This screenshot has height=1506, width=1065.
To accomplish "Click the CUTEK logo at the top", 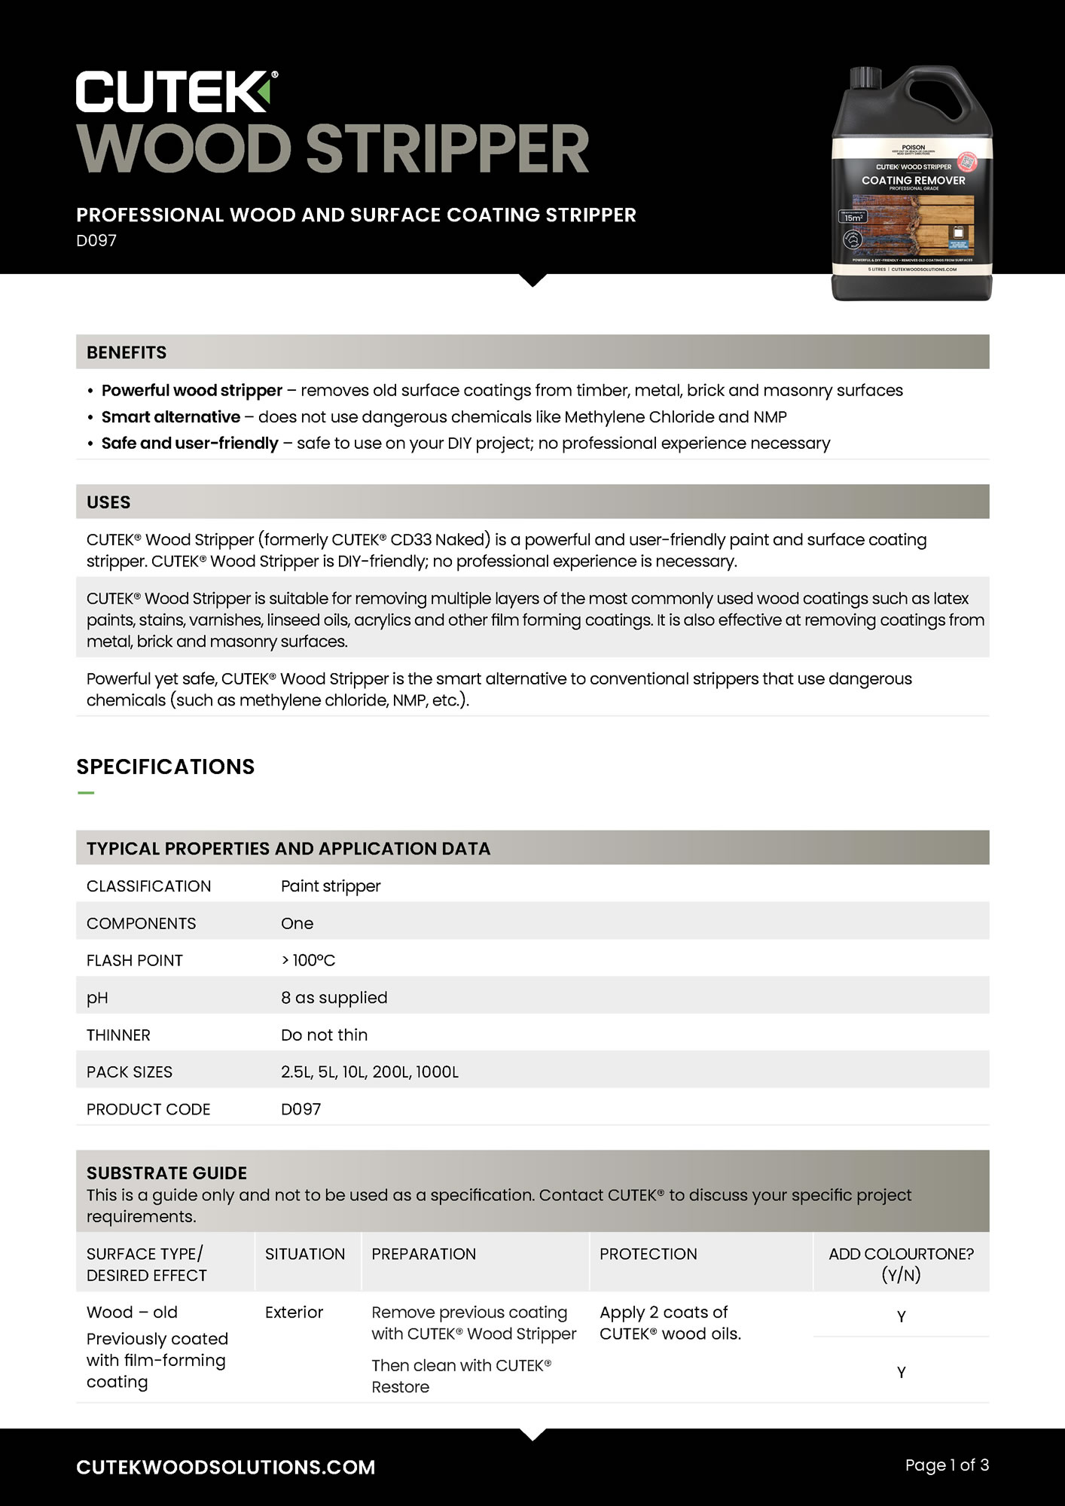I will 176,92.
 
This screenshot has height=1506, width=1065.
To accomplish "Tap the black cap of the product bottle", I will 865,77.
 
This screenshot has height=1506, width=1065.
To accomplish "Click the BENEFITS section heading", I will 127,352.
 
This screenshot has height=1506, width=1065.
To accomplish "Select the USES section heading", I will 108,502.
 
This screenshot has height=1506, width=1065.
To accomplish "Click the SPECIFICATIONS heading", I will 166,767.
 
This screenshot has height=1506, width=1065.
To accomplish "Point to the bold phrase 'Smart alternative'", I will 171,417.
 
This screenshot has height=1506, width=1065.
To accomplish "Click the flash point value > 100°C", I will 308,960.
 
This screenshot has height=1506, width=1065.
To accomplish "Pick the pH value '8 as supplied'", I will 334,998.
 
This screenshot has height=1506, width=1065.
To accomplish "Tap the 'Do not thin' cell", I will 324,1035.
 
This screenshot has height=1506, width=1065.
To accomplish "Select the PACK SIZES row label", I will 130,1072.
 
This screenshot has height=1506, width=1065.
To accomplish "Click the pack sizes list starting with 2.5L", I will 369,1072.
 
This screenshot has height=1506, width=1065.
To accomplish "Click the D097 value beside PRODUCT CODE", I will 301,1109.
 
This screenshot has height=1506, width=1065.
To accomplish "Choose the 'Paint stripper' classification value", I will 331,886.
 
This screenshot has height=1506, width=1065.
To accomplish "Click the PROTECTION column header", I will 648,1254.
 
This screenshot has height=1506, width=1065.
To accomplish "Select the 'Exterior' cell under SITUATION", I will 294,1312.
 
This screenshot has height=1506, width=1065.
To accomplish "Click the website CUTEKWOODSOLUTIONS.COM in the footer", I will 226,1467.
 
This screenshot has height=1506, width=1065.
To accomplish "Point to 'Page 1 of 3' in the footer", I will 947,1465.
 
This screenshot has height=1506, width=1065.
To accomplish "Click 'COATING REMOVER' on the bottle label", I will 913,181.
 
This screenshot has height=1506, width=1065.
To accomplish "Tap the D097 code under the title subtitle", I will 96,241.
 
